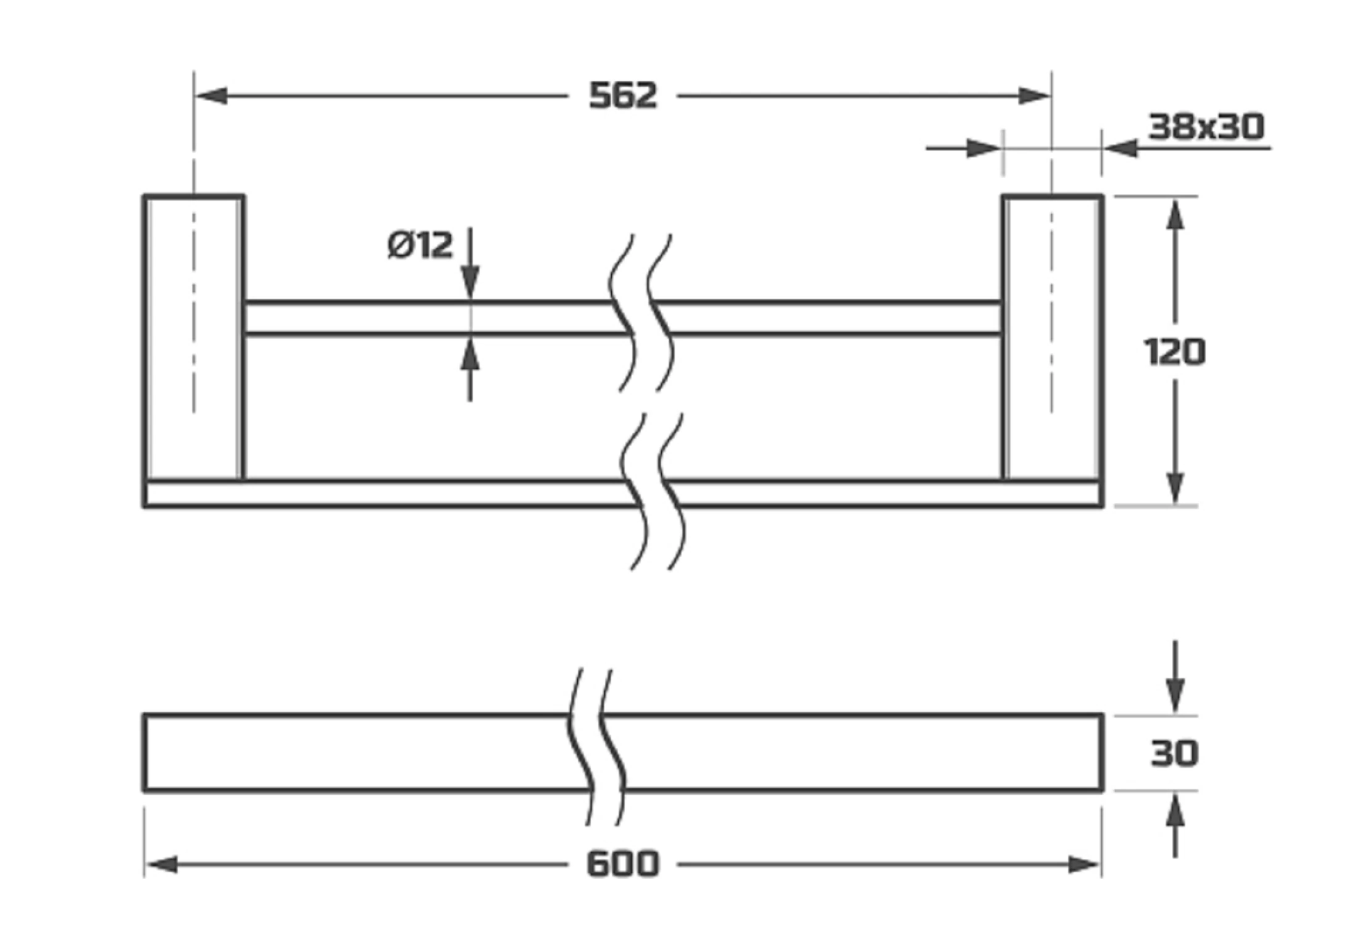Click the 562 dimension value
coord(623,96)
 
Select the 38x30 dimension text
coord(1206,127)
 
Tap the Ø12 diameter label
coord(420,245)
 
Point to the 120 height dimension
coord(1174,352)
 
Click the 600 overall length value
coord(622,864)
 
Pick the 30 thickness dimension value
coord(1174,753)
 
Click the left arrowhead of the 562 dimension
coord(211,96)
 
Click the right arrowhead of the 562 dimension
coord(1034,96)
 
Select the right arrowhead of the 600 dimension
coord(1085,865)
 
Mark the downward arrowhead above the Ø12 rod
coord(470,283)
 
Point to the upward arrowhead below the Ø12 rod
coord(470,354)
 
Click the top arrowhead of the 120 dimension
coord(1175,214)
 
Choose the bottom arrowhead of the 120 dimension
coord(1175,488)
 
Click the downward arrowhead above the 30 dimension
coord(1175,696)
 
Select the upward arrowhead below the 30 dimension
coord(1175,809)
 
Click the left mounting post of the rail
coord(194,337)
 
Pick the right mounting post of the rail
coord(1052,337)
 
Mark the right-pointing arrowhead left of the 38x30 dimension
coord(984,148)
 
